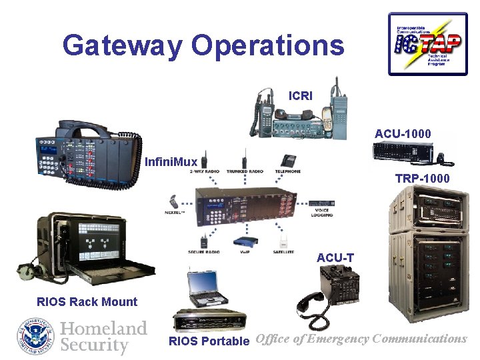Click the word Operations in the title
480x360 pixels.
pos(268,46)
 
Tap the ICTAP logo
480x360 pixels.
pos(427,43)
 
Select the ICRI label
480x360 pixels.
pos(300,96)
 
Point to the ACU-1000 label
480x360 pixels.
pos(403,134)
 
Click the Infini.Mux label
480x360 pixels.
pos(171,162)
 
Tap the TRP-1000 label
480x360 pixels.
pos(422,178)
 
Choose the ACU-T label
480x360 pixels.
pos(335,257)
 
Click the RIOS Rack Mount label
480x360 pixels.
pos(87,301)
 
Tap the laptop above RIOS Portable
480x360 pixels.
pos(209,287)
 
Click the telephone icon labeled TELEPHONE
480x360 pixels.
pos(288,161)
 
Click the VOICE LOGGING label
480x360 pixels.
pos(321,213)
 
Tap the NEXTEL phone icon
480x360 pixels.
pos(174,201)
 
